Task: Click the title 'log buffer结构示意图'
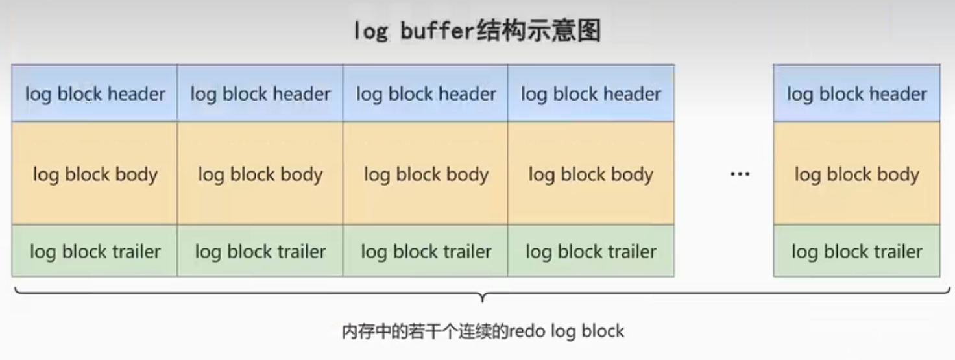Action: (477, 31)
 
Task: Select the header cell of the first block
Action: (95, 93)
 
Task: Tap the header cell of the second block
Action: (260, 93)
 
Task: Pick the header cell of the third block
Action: (426, 93)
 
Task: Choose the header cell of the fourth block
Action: (590, 93)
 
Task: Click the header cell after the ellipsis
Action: (856, 93)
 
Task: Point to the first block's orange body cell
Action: (95, 174)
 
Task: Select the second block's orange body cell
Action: (260, 174)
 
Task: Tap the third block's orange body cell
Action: (426, 174)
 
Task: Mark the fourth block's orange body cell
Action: (590, 174)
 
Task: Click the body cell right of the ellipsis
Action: (856, 174)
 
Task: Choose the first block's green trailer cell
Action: (95, 251)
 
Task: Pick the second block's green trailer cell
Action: (260, 251)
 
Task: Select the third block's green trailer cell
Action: (426, 251)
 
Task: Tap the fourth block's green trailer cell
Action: (590, 251)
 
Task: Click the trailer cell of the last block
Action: (856, 251)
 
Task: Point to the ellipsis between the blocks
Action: (740, 174)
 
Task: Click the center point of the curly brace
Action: (481, 297)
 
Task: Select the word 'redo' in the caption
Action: (527, 331)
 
